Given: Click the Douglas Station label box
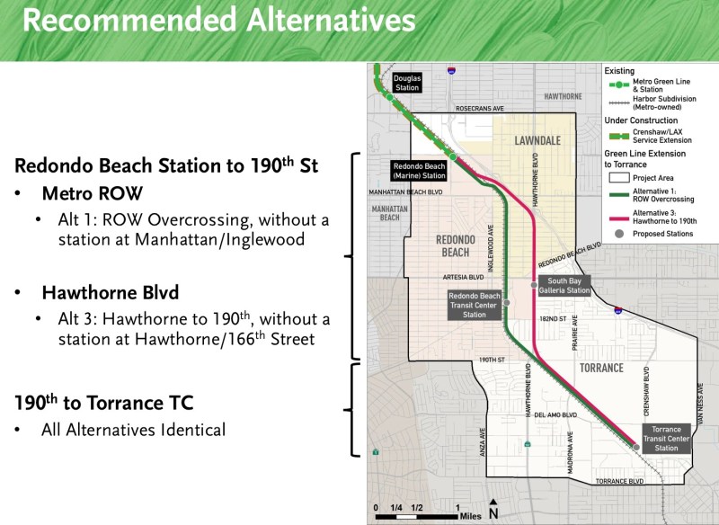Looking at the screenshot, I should [x=406, y=83].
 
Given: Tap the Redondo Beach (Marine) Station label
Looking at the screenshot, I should [x=419, y=171].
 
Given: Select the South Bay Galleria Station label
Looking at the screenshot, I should [x=564, y=286].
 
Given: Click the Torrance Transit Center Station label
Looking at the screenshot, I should [x=667, y=438].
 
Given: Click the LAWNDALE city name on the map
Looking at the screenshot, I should [x=537, y=141].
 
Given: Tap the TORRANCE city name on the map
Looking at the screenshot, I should [x=601, y=369].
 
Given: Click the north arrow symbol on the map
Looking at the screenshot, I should [x=493, y=510].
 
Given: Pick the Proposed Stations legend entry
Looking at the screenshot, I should [x=663, y=234].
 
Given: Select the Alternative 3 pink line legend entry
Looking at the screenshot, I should [x=662, y=213].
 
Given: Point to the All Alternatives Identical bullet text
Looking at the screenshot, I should [x=133, y=430].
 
